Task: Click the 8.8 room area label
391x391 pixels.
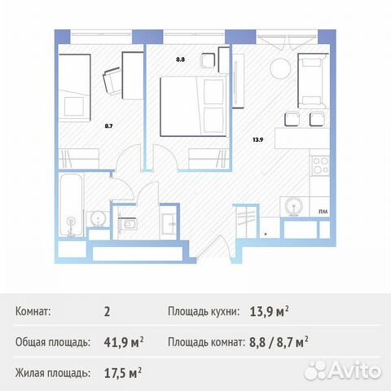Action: [x=181, y=59]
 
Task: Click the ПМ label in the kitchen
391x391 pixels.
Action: [x=323, y=210]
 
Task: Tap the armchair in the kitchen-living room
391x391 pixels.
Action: [x=313, y=80]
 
